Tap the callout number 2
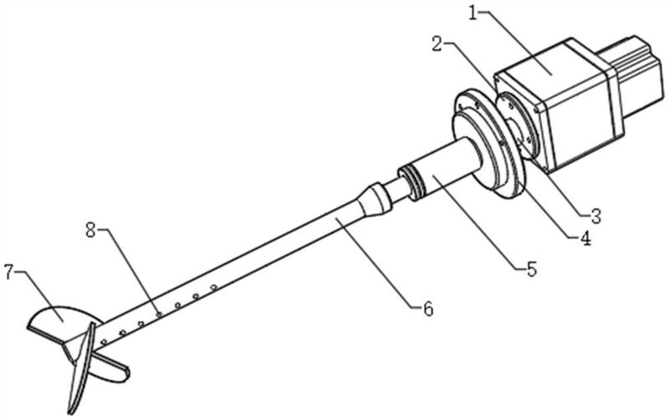pyautogui.click(x=437, y=44)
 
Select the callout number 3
pyautogui.click(x=595, y=216)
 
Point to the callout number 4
pyautogui.click(x=585, y=238)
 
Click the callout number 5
pyautogui.click(x=532, y=269)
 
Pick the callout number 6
pyautogui.click(x=428, y=308)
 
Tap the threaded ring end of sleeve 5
pyautogui.click(x=410, y=184)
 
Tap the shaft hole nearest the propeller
pyautogui.click(x=104, y=342)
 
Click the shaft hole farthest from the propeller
pyautogui.click(x=214, y=287)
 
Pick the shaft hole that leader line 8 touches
pyautogui.click(x=160, y=315)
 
